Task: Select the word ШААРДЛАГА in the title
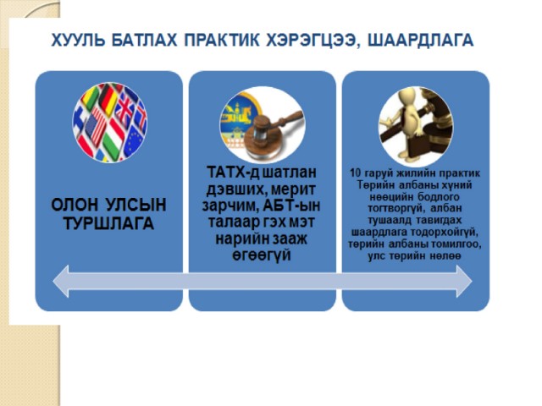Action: pyautogui.click(x=420, y=40)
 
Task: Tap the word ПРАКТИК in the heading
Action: pyautogui.click(x=222, y=40)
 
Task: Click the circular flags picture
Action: pyautogui.click(x=110, y=122)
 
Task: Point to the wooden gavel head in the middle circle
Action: pyautogui.click(x=262, y=127)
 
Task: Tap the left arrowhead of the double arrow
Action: pyautogui.click(x=61, y=281)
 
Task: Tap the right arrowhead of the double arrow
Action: pyautogui.click(x=464, y=281)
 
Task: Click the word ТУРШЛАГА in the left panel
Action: pyautogui.click(x=109, y=223)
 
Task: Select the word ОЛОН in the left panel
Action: pyautogui.click(x=75, y=205)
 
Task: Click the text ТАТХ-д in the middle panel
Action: pyautogui.click(x=233, y=173)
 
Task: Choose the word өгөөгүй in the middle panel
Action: pyautogui.click(x=262, y=255)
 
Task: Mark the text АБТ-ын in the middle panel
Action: pyautogui.click(x=291, y=206)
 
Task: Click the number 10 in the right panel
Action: pyautogui.click(x=356, y=173)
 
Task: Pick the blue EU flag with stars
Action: pyautogui.click(x=133, y=141)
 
